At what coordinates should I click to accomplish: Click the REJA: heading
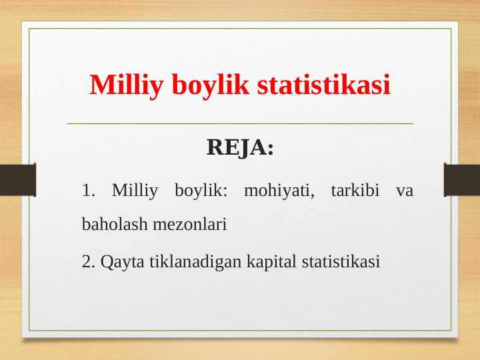pyautogui.click(x=240, y=147)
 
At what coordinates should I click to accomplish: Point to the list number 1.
pyautogui.click(x=88, y=191)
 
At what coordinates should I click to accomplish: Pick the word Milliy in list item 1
pyautogui.click(x=135, y=191)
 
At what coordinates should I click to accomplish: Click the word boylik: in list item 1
pyautogui.click(x=201, y=191)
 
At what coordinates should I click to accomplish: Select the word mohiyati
pyautogui.click(x=279, y=191)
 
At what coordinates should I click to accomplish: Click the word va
pyautogui.click(x=404, y=191)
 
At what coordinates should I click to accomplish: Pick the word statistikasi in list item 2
pyautogui.click(x=340, y=261)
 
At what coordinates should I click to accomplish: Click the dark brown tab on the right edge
pyautogui.click(x=462, y=180)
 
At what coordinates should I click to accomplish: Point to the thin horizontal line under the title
pyautogui.click(x=240, y=123)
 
